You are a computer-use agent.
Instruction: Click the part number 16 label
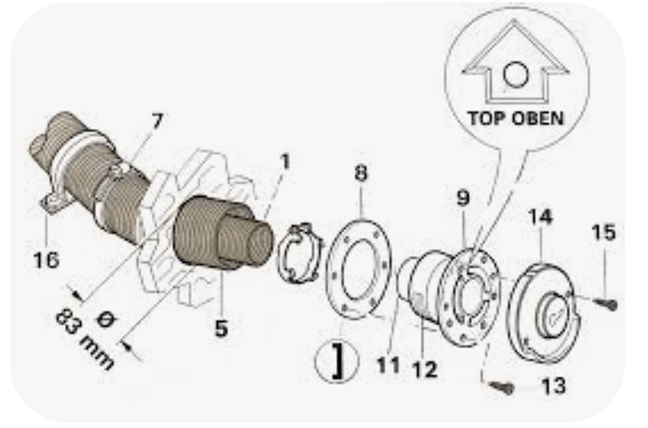point(46,260)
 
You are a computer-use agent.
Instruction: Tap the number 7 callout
point(158,121)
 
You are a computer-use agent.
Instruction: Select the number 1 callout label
point(285,161)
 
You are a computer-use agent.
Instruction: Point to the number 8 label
point(361,173)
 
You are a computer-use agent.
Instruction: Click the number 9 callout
point(463,198)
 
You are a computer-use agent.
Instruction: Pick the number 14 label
point(541,217)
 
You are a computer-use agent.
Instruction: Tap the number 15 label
point(604,232)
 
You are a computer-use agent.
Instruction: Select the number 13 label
point(554,387)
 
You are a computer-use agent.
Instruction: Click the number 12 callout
point(424,369)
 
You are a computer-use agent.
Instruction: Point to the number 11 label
point(389,365)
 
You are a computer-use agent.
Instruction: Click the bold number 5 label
point(222,329)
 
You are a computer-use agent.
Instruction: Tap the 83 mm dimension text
point(85,340)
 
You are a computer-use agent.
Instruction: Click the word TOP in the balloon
point(486,118)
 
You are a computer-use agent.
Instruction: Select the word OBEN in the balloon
point(538,118)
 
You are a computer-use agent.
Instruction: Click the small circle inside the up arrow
point(516,75)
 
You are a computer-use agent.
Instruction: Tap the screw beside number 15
point(606,304)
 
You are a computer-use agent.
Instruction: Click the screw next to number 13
point(502,387)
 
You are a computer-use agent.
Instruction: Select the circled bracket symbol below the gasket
point(337,360)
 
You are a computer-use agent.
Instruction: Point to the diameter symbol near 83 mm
point(105,319)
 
